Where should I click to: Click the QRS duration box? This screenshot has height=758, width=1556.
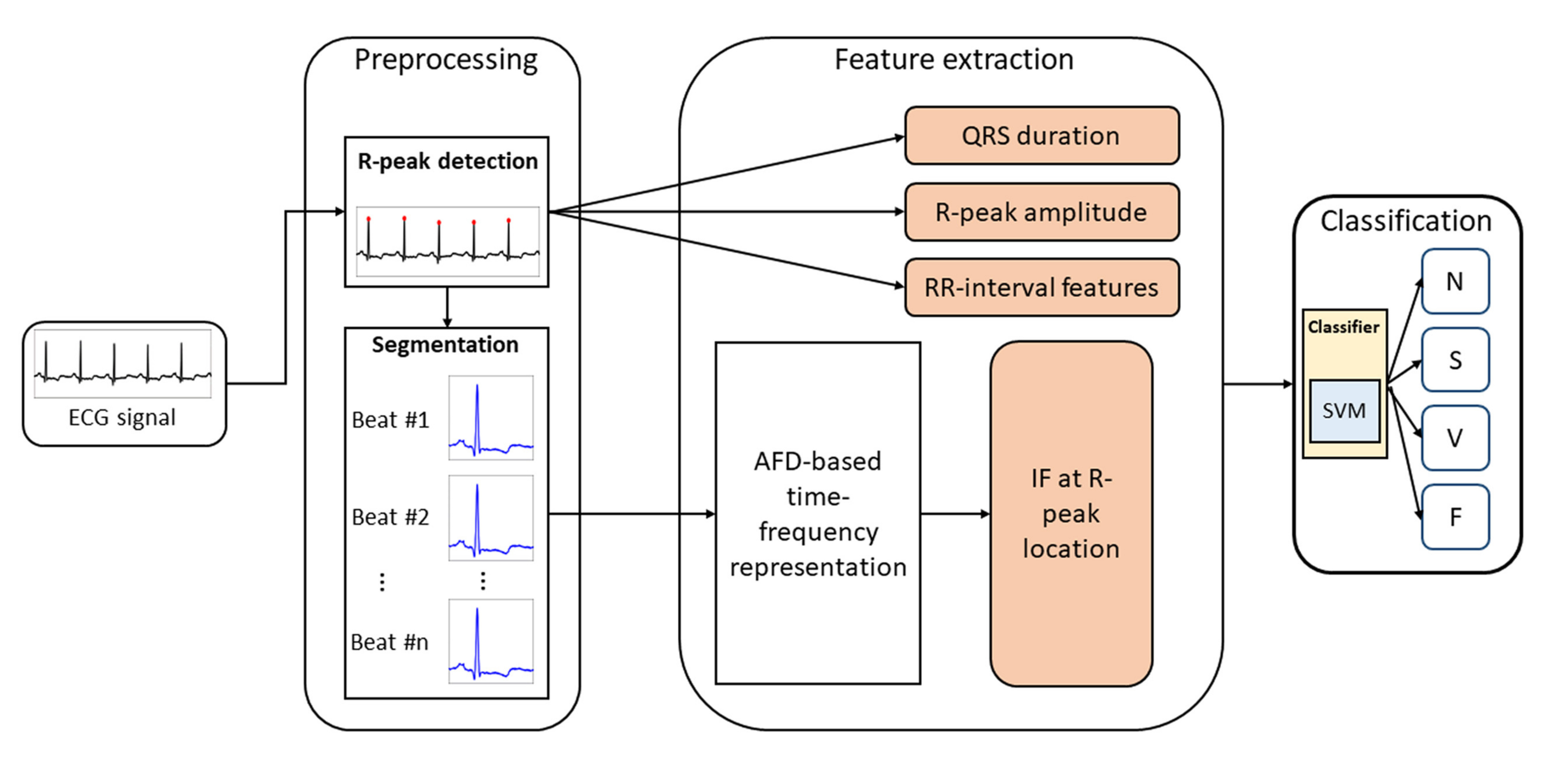1042,135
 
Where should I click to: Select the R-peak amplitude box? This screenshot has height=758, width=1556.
1042,212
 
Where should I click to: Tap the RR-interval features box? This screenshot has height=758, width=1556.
1042,288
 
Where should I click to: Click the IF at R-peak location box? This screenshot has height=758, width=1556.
1071,513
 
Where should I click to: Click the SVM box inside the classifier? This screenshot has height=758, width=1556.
1344,411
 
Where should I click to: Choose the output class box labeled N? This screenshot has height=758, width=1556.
1455,281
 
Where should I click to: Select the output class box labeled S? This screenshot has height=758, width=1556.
1455,360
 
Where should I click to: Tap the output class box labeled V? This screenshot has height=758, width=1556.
1455,438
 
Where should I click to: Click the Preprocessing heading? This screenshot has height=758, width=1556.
446,60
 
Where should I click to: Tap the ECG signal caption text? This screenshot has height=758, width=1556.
122,418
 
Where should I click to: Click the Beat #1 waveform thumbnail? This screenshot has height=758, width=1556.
490,418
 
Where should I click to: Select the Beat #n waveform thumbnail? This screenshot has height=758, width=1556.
490,641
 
